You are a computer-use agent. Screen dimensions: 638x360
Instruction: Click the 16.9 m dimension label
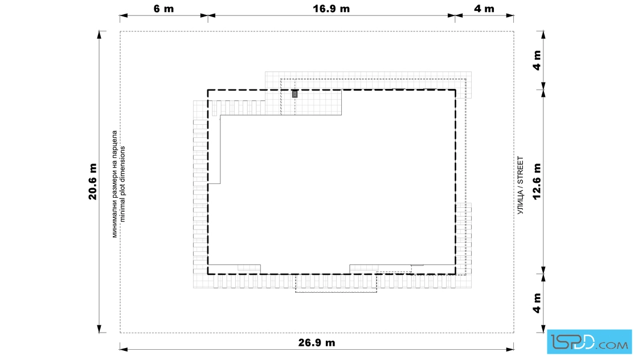(331, 9)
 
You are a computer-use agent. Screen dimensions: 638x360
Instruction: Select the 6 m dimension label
(163, 9)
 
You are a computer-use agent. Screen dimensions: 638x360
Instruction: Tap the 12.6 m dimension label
(537, 181)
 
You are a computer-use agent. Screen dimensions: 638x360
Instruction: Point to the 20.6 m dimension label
(93, 181)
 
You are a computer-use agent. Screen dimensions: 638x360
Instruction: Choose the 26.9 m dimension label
(317, 342)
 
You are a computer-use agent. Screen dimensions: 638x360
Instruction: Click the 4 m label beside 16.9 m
(484, 9)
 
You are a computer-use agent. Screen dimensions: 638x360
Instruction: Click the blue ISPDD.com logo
(589, 342)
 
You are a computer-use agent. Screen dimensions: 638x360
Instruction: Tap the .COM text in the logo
(613, 345)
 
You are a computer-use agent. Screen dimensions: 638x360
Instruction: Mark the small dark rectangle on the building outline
(295, 94)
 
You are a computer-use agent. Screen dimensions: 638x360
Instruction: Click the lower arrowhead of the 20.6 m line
(99, 329)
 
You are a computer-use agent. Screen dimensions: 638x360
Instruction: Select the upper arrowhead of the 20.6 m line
(99, 35)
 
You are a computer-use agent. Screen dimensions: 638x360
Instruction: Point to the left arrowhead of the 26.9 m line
(124, 349)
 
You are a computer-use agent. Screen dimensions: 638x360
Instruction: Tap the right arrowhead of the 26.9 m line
(509, 349)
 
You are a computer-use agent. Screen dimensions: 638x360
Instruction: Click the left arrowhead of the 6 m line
(124, 16)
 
